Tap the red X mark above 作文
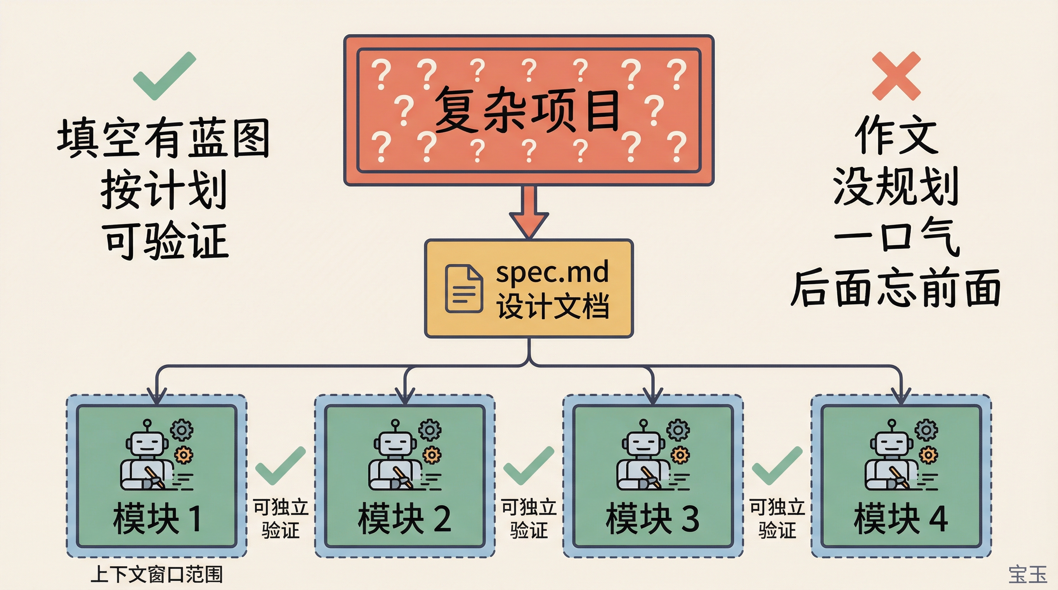896,76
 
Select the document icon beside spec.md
464,289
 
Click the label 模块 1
157,519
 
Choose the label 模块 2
404,519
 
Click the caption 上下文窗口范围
156,574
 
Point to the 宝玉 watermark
1028,574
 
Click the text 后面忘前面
895,288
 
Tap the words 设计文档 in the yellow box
552,306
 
